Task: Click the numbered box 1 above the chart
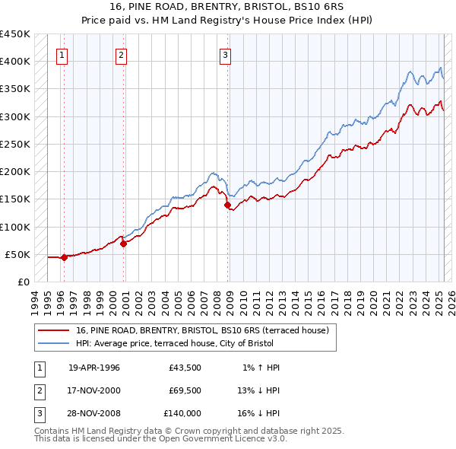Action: click(x=61, y=54)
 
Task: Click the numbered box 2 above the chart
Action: click(x=121, y=54)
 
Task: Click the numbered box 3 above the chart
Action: click(x=226, y=54)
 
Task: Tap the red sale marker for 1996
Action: click(x=64, y=257)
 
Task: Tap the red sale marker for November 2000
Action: click(x=123, y=244)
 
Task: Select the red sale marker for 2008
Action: click(x=227, y=205)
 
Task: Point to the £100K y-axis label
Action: click(x=15, y=227)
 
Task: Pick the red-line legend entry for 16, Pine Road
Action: click(x=201, y=330)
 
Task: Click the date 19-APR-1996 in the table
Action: click(x=94, y=368)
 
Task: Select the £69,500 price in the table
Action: click(x=185, y=390)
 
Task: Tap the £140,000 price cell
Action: click(x=182, y=413)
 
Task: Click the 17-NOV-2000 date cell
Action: click(x=94, y=390)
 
